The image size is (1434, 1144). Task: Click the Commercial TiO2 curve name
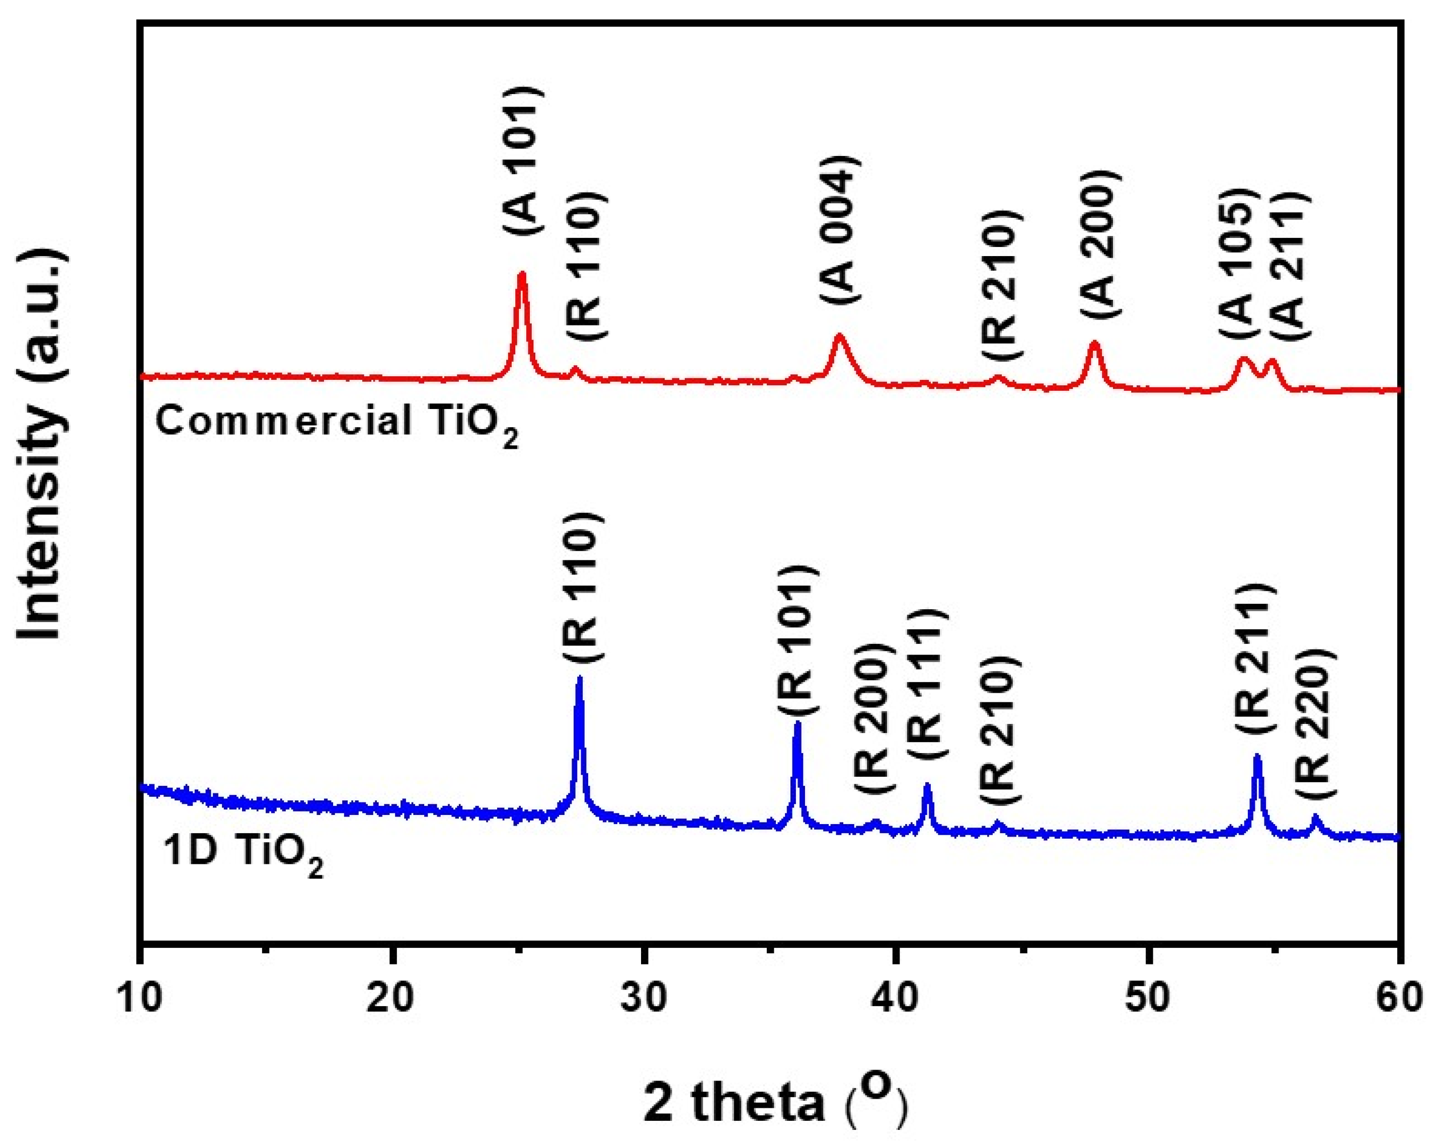click(337, 424)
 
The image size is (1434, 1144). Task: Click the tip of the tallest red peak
click(522, 273)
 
